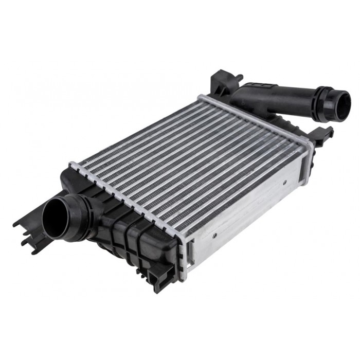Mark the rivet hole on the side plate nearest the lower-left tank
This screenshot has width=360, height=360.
coord(214,235)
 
